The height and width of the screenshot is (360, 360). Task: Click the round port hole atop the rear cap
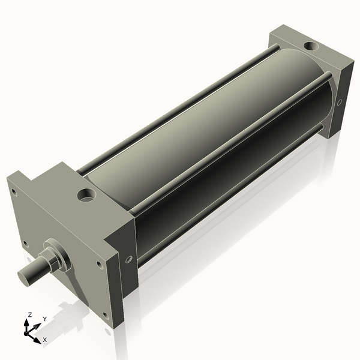(x=311, y=46)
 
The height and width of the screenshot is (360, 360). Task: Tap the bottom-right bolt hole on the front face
(x=106, y=314)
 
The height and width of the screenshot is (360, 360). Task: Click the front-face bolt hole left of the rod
(x=25, y=243)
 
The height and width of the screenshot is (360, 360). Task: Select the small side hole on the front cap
(x=128, y=259)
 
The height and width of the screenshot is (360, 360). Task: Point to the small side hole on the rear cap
(x=339, y=102)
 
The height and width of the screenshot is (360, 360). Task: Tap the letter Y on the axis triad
(x=44, y=319)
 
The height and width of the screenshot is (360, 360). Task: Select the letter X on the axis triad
(x=45, y=340)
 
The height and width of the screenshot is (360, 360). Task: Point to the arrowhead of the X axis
(x=38, y=337)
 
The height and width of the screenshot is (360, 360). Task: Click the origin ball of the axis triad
(x=28, y=331)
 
